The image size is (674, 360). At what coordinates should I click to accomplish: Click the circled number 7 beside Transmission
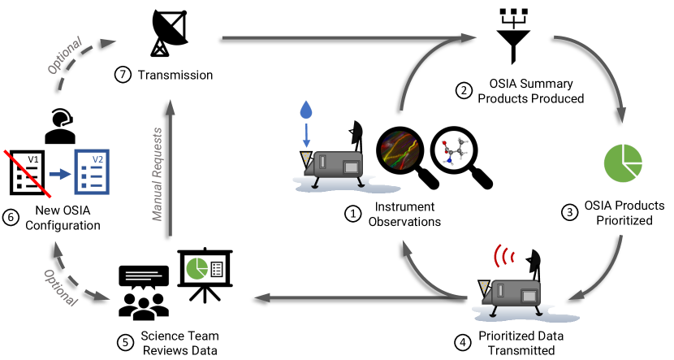(123, 76)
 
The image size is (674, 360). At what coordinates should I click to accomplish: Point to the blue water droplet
(305, 111)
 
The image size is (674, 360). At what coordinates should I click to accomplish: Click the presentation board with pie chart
(205, 272)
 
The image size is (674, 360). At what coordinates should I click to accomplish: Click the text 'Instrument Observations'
(399, 214)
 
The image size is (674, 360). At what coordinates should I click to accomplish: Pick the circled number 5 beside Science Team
(125, 342)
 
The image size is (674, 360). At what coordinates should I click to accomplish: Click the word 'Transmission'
(175, 76)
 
